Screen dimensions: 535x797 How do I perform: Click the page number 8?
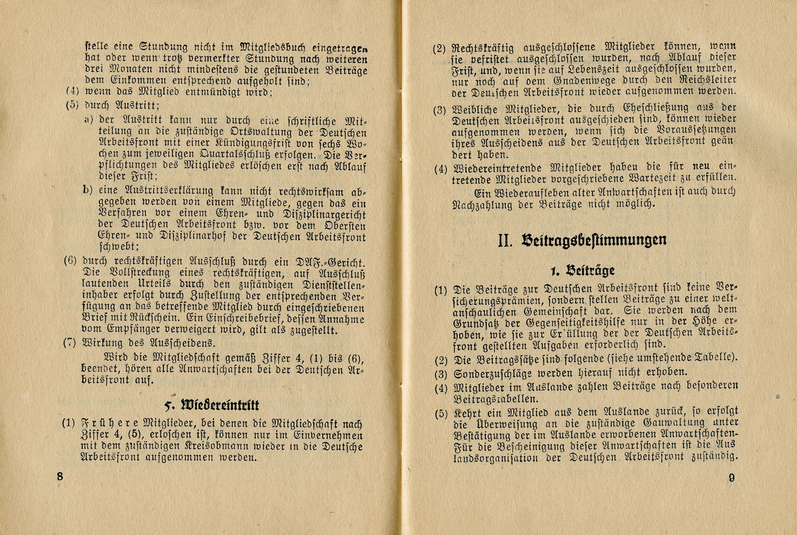pos(60,476)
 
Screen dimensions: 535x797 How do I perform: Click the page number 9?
pos(732,478)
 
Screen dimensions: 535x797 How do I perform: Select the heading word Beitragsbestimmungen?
pos(594,240)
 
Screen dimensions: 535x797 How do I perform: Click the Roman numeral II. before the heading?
pos(505,241)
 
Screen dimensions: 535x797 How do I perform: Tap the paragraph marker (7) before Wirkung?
pos(69,343)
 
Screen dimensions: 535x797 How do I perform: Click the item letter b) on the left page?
pos(88,190)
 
